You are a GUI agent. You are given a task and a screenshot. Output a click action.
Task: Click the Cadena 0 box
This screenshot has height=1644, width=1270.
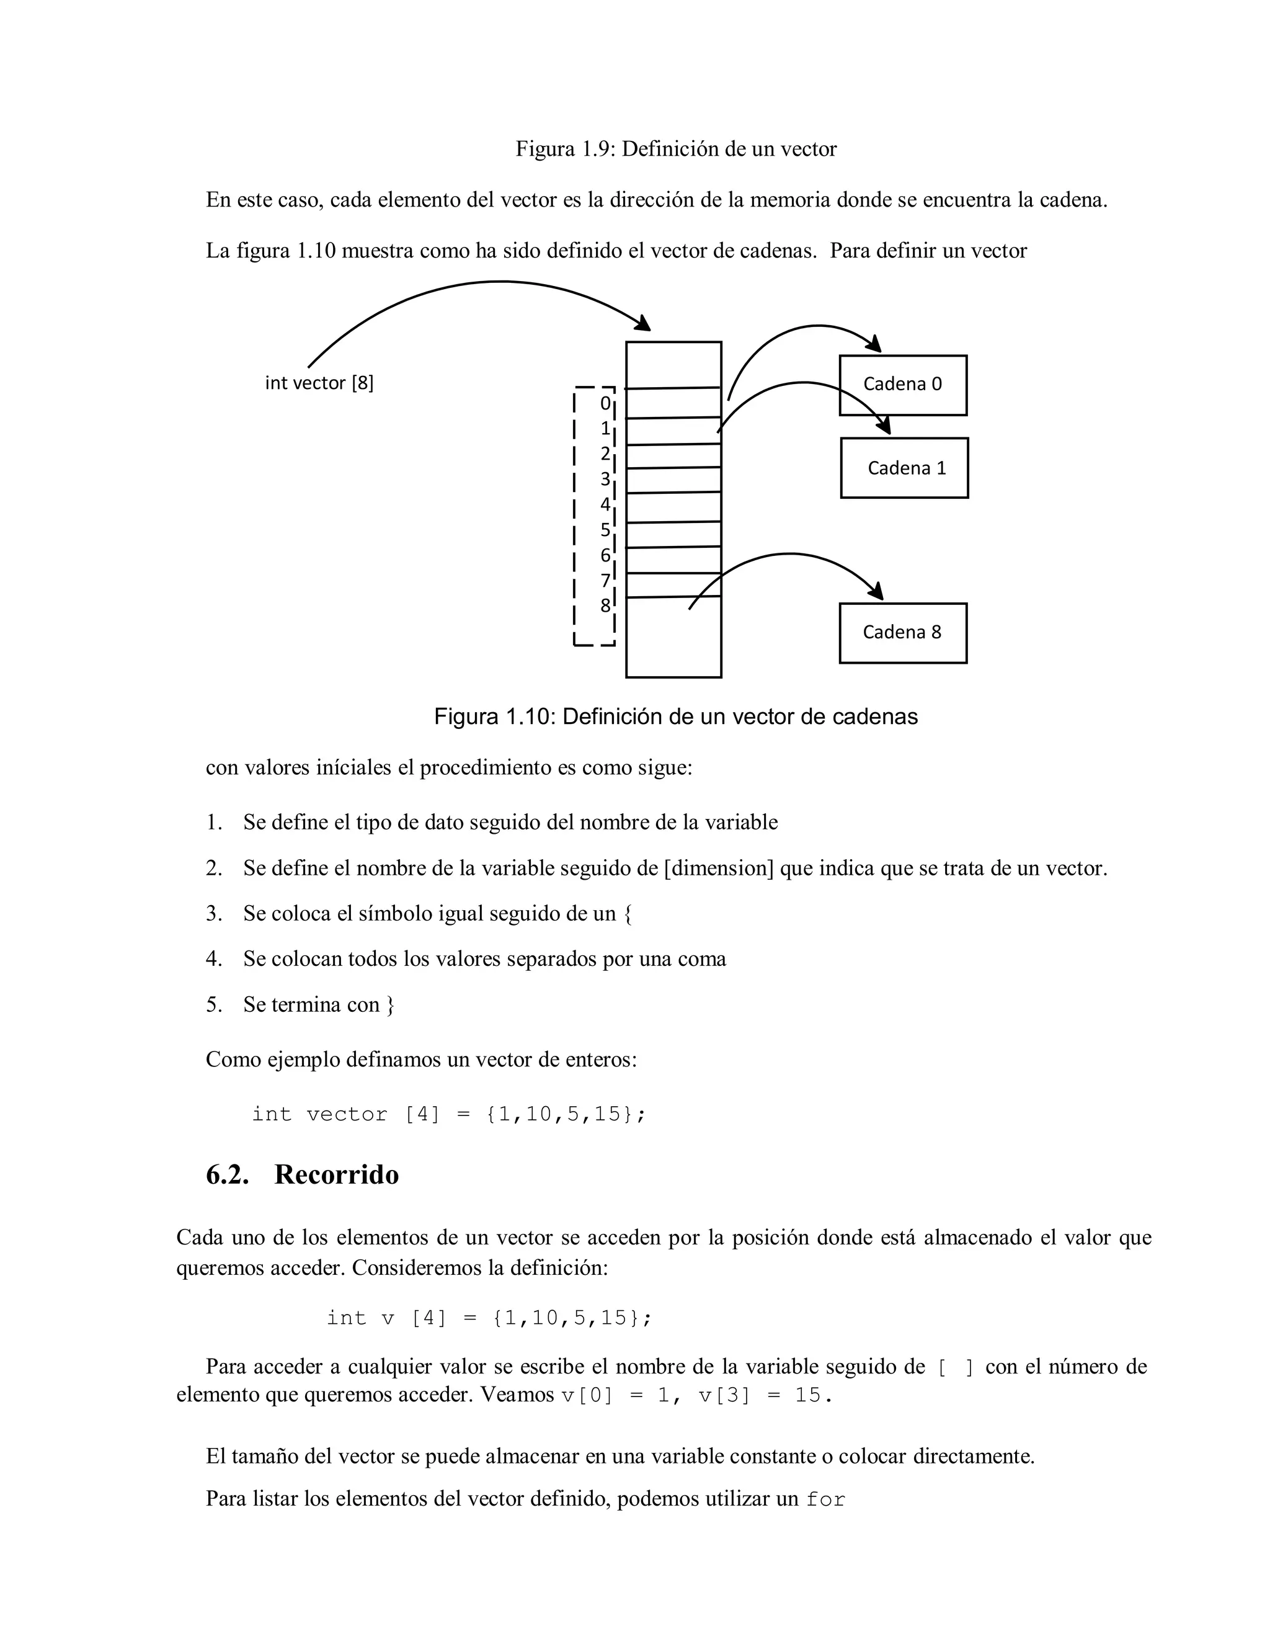(x=902, y=385)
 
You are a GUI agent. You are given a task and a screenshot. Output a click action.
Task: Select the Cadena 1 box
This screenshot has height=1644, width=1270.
(x=904, y=468)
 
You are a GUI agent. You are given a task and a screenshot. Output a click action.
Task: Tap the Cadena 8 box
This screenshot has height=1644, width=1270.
(x=902, y=632)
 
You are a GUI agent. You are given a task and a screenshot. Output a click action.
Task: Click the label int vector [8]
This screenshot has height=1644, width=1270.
(x=319, y=383)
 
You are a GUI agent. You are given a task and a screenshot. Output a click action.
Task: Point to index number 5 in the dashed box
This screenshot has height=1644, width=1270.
(x=605, y=530)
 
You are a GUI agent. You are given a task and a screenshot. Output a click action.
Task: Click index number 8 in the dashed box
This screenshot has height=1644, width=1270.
(x=605, y=605)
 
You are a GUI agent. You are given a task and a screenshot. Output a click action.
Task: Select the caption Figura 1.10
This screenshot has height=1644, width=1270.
(x=676, y=716)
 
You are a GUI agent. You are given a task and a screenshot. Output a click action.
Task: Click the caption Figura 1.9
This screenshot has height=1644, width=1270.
(x=676, y=149)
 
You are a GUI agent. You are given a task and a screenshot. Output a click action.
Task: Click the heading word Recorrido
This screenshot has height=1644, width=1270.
(x=336, y=1174)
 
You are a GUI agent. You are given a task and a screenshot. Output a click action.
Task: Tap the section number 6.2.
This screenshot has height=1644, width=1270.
(x=227, y=1174)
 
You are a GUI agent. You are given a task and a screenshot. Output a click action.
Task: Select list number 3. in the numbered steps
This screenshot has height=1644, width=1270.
(x=215, y=914)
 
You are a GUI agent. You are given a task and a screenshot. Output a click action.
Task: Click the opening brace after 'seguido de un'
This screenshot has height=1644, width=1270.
(x=628, y=914)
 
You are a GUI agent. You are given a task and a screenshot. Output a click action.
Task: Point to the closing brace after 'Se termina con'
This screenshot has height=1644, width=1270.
(x=389, y=1005)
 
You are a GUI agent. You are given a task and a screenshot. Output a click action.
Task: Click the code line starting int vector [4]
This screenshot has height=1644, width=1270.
(x=448, y=1114)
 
